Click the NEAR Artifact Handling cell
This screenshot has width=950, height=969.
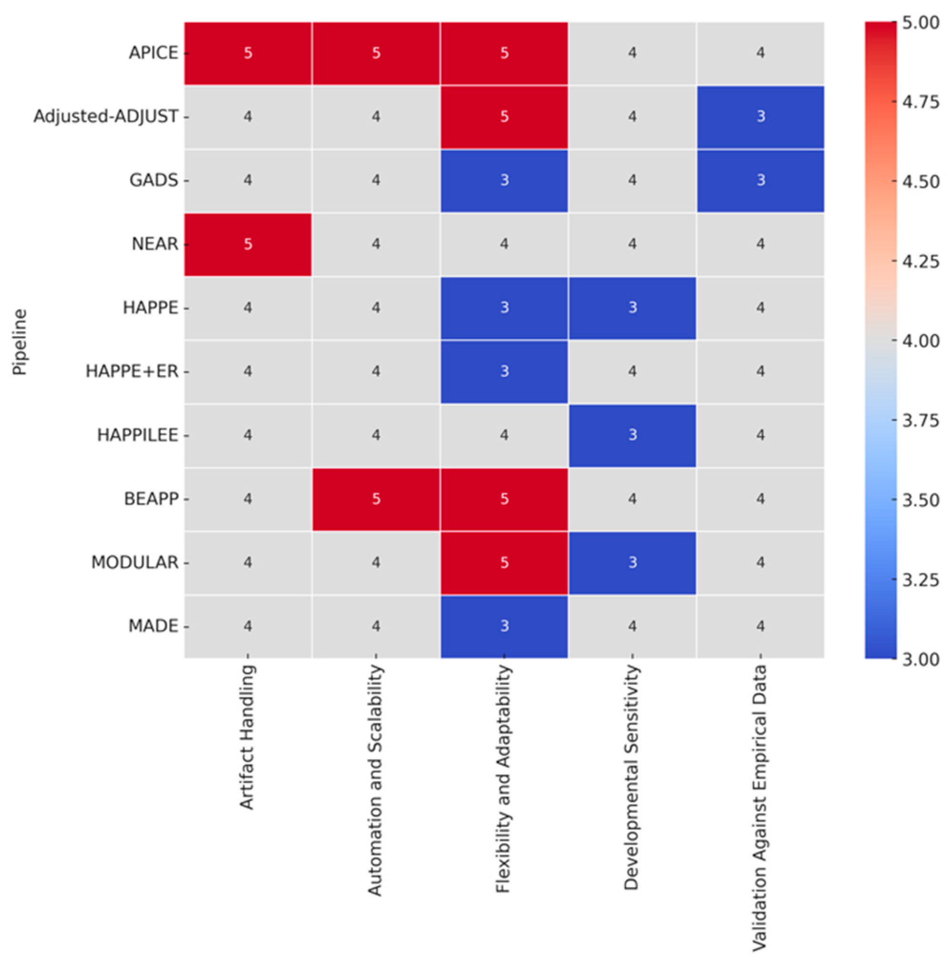(x=248, y=244)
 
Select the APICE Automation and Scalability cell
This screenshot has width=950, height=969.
(x=376, y=53)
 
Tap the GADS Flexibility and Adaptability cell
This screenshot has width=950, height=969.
(x=504, y=180)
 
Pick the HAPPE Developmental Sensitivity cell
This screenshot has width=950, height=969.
(x=632, y=308)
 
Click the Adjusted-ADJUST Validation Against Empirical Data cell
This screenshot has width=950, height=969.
(x=760, y=117)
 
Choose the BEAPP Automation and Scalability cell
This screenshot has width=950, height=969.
(x=376, y=499)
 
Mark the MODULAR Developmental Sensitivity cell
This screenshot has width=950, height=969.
(x=632, y=562)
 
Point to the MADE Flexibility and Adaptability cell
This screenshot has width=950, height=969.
(x=504, y=626)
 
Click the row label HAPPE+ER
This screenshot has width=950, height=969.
(x=132, y=371)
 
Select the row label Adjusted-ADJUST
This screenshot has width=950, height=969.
(x=106, y=117)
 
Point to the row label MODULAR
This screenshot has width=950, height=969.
(x=135, y=562)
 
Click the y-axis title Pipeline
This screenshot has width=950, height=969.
(x=20, y=342)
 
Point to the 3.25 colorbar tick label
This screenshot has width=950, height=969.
(x=921, y=580)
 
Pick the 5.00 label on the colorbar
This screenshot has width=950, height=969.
(x=921, y=23)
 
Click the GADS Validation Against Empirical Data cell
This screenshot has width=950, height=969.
(x=760, y=180)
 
